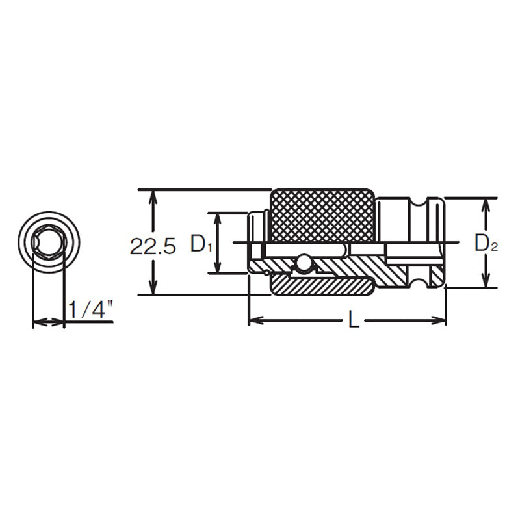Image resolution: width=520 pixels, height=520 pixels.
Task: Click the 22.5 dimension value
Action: pyautogui.click(x=153, y=246)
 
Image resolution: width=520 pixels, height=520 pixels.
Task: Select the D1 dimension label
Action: pyautogui.click(x=201, y=245)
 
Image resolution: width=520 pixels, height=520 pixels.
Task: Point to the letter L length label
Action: pyautogui.click(x=353, y=319)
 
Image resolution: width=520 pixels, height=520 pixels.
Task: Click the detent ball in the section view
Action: pyautogui.click(x=302, y=261)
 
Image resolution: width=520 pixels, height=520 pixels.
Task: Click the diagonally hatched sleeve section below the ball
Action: pyautogui.click(x=322, y=284)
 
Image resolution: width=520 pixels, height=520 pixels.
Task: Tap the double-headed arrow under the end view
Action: pyautogui.click(x=48, y=321)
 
